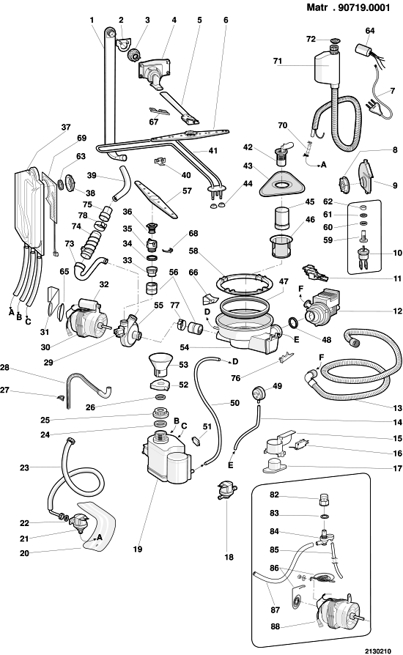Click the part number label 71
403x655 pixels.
point(278,61)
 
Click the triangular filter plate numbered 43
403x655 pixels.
point(279,184)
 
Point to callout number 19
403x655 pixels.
point(138,549)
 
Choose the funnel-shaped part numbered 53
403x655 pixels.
point(160,364)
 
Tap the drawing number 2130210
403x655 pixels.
point(378,651)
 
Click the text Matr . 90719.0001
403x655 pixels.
point(348,7)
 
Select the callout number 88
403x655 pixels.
point(275,626)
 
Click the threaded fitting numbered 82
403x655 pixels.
point(324,499)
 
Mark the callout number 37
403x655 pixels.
point(65,127)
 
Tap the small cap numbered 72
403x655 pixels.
point(334,40)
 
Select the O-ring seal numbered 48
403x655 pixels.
point(293,322)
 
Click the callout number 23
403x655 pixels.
point(25,467)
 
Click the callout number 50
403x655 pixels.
point(234,403)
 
